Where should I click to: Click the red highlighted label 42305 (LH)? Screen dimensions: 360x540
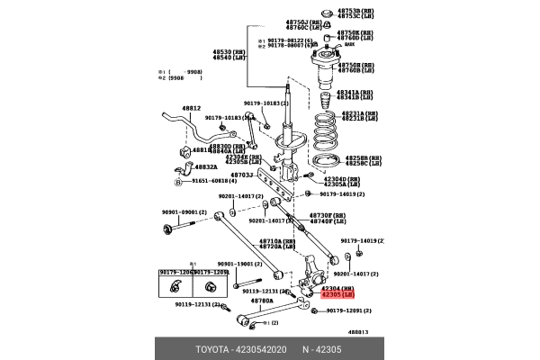pos(338,294)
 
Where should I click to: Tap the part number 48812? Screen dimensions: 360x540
pos(190,108)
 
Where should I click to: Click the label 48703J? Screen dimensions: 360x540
pos(241,175)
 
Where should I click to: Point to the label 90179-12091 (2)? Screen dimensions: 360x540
pos(348,311)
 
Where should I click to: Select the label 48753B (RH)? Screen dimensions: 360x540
pos(355,10)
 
